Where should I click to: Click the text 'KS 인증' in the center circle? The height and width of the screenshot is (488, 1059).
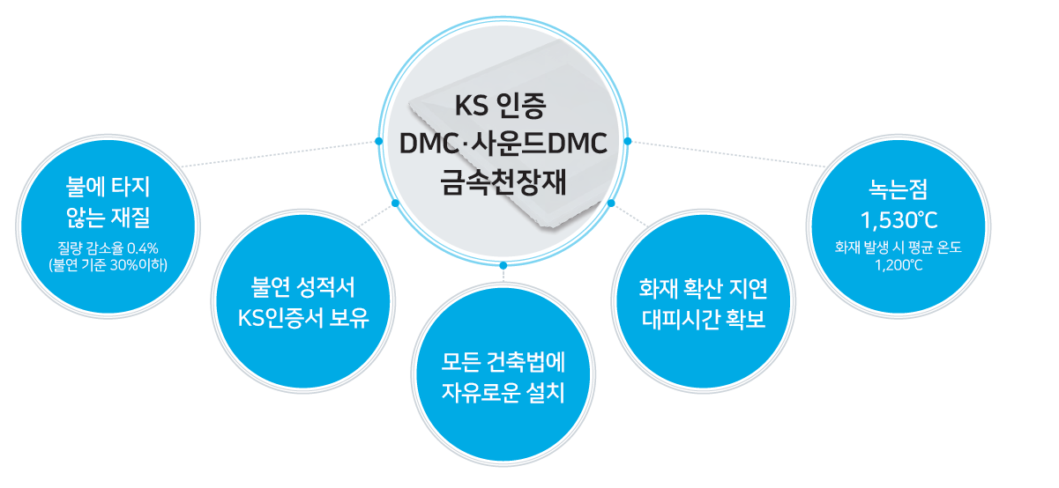click(500, 106)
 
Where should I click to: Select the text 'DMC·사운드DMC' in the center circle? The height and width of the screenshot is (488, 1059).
click(503, 144)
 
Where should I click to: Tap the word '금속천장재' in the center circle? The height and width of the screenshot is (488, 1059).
click(503, 182)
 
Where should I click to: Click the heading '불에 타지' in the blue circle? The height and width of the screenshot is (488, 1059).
click(108, 187)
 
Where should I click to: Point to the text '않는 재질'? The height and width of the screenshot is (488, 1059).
click(108, 218)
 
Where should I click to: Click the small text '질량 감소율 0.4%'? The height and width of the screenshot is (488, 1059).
click(108, 248)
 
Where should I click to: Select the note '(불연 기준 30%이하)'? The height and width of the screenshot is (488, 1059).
click(108, 265)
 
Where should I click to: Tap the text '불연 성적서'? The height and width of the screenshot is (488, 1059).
click(302, 287)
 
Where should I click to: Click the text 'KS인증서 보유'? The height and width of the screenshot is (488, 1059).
click(303, 318)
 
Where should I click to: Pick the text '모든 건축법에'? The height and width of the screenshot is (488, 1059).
click(503, 362)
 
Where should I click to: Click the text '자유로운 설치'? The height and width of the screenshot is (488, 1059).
click(503, 393)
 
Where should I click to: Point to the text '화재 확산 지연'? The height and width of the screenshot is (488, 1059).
click(703, 288)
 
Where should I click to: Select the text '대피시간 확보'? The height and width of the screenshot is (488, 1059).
click(704, 319)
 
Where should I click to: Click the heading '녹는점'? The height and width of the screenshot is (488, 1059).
click(899, 189)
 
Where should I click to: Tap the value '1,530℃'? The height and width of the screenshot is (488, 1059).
click(899, 220)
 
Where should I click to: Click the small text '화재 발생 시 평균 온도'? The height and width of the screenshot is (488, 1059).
click(899, 247)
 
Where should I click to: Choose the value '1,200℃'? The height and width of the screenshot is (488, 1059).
click(899, 265)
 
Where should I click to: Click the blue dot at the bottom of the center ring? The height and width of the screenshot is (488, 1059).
click(503, 265)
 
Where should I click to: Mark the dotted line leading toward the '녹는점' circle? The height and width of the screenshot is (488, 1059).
click(728, 153)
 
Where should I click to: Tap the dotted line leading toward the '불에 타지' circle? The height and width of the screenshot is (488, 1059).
click(278, 154)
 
